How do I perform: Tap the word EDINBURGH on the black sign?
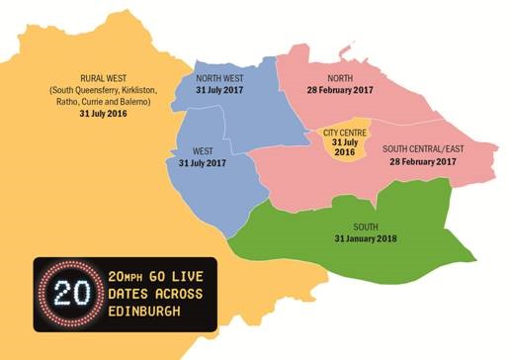148,314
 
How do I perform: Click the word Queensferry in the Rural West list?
96,91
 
